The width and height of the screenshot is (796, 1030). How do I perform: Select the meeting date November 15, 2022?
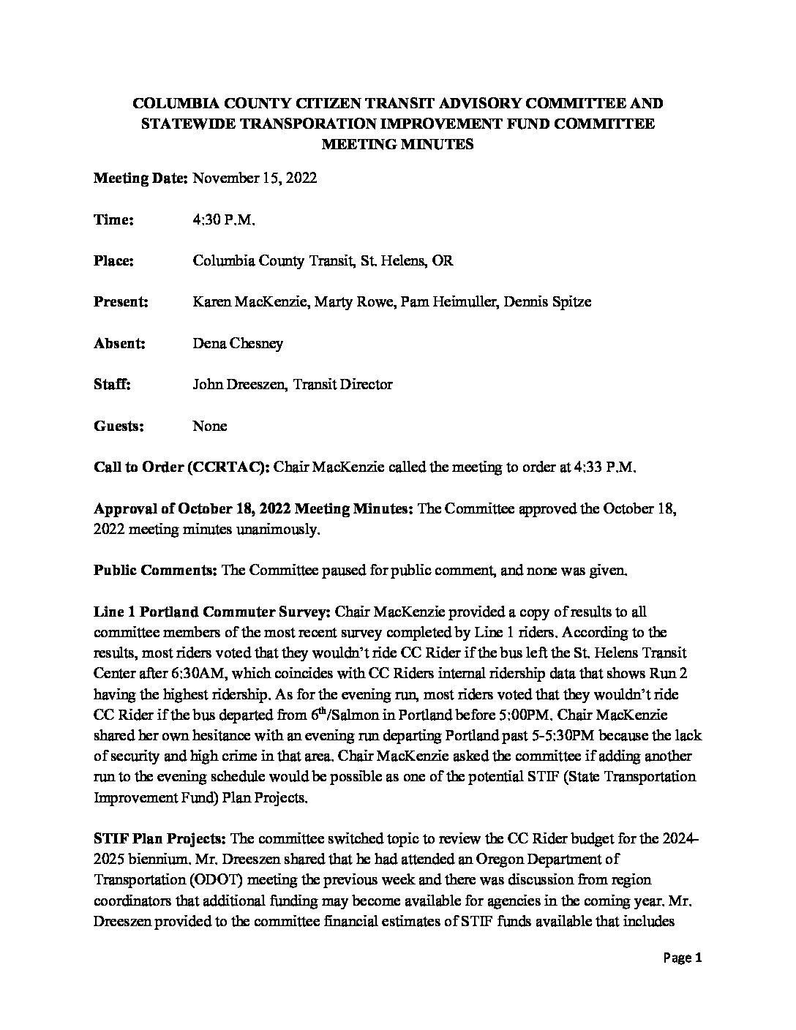point(254,178)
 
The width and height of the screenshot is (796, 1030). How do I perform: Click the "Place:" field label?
point(113,261)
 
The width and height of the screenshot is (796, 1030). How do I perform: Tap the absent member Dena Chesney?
point(237,343)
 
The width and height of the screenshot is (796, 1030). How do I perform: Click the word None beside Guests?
point(209,426)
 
